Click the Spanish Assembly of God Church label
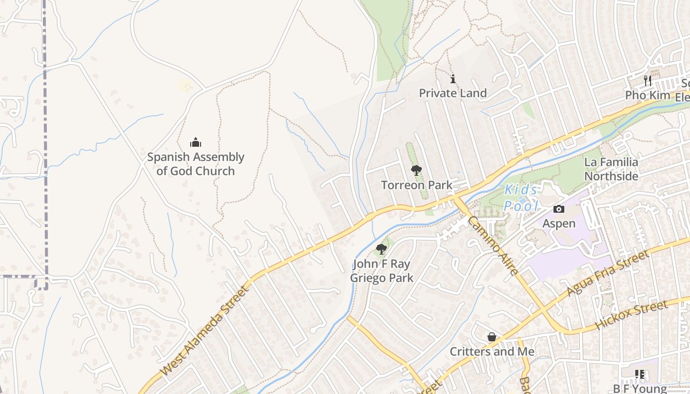point(196,164)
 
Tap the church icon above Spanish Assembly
point(196,143)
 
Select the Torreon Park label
point(416,185)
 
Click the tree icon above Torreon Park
point(416,170)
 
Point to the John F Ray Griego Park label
point(381,271)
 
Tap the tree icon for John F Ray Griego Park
point(381,249)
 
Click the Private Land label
point(452,93)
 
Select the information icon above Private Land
point(453,79)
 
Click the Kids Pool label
point(521,197)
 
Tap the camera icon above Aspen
point(558,209)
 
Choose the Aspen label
point(559,224)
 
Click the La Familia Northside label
point(611,169)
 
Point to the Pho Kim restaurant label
point(648,95)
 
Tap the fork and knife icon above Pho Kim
point(648,81)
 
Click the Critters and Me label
point(492,352)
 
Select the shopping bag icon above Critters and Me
point(491,337)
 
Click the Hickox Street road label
point(632,315)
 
